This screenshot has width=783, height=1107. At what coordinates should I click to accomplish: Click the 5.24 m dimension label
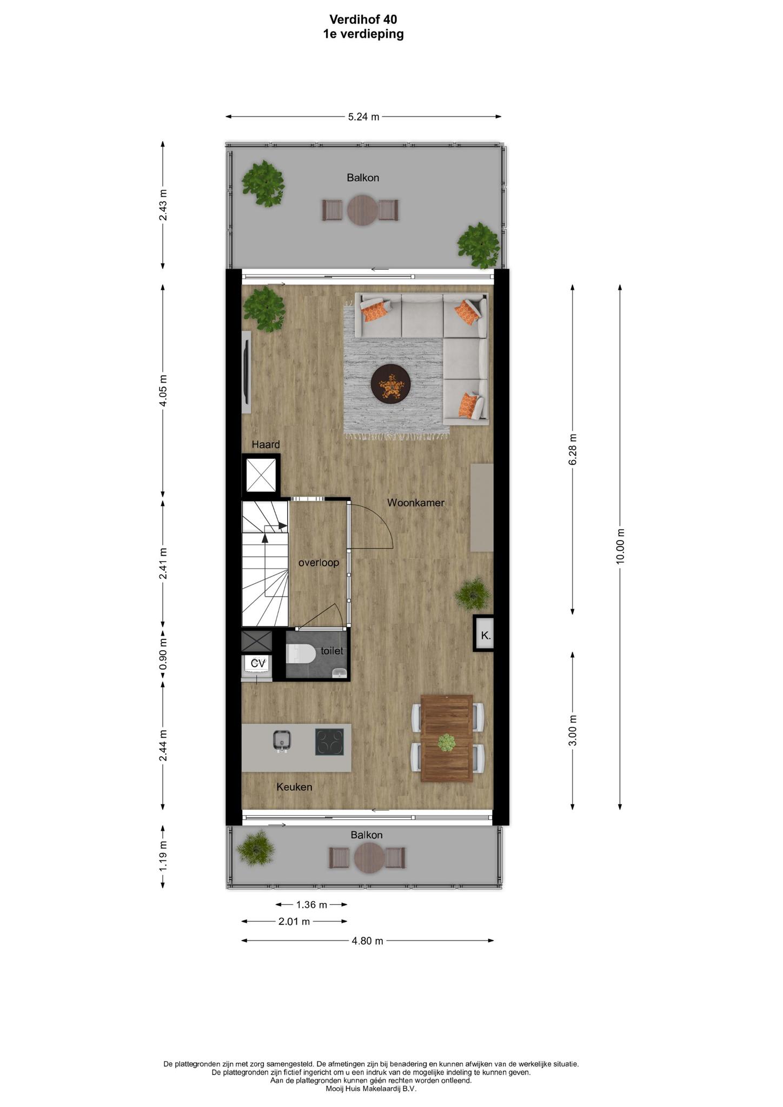[x=363, y=116]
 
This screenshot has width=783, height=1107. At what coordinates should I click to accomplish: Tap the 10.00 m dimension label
[x=620, y=546]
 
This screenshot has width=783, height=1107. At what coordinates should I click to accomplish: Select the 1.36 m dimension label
[x=311, y=904]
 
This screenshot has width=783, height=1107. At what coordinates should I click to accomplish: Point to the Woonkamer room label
[x=416, y=503]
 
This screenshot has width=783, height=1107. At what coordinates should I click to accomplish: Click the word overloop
[x=319, y=563]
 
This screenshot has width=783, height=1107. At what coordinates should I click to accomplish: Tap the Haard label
[x=266, y=444]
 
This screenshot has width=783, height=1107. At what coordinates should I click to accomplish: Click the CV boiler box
[x=258, y=663]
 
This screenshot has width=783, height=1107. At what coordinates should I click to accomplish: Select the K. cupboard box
[x=486, y=635]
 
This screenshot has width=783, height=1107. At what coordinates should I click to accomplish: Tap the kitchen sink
[x=282, y=741]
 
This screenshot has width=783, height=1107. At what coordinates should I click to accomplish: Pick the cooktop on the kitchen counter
[x=329, y=742]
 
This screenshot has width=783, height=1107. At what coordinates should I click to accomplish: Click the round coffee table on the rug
[x=390, y=384]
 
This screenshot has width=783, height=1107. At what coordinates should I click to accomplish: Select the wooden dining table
[x=447, y=738]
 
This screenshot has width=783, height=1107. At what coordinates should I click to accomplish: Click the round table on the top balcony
[x=362, y=210]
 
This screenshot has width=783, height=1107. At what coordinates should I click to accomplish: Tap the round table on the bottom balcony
[x=369, y=858]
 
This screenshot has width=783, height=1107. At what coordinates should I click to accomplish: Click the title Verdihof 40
[x=363, y=19]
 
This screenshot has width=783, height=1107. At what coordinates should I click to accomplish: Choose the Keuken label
[x=294, y=787]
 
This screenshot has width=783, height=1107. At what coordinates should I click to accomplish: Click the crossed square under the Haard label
[x=261, y=475]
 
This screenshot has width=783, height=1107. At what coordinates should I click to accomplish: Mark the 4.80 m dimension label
[x=367, y=941]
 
